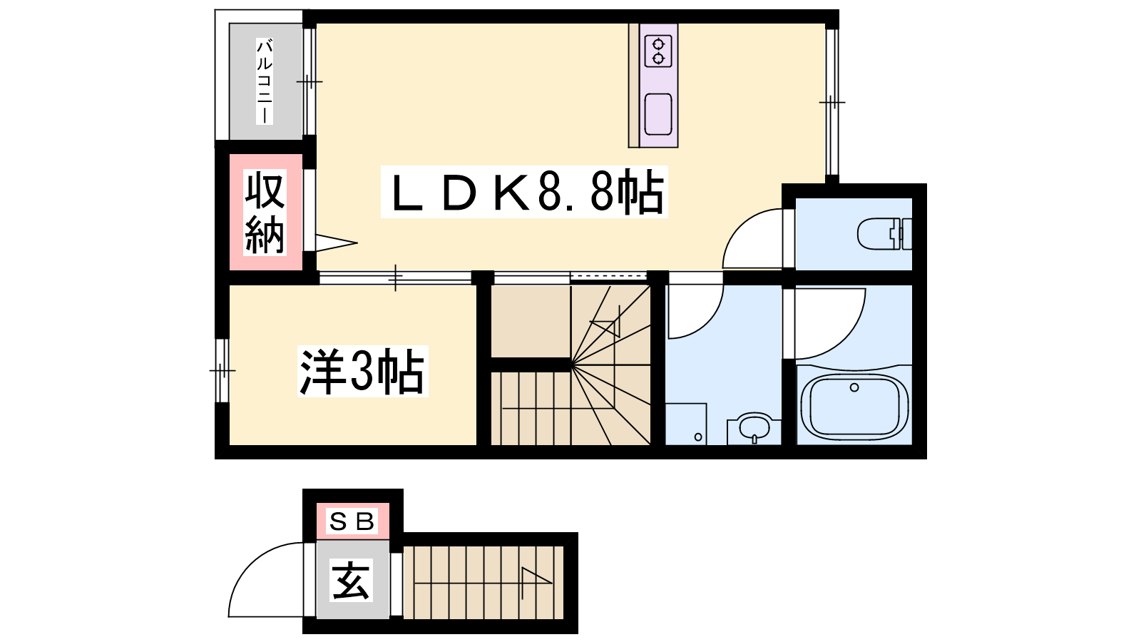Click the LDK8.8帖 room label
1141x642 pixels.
click(525, 192)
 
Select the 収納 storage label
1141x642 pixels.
click(265, 213)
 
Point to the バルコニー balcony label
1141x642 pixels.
click(265, 81)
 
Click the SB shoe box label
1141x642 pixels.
click(352, 521)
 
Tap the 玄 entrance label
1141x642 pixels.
click(351, 580)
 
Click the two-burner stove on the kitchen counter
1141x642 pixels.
click(658, 51)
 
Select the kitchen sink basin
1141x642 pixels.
click(658, 114)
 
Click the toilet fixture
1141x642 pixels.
click(885, 234)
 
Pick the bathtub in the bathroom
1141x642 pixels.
click(854, 407)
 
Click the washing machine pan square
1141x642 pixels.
click(685, 424)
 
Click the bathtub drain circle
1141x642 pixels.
click(854, 388)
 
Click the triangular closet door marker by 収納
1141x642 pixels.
click(336, 243)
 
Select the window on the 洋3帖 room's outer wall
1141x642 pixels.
click(222, 370)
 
